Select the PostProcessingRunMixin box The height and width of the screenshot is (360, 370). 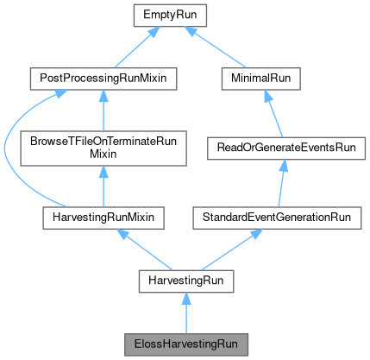(x=103, y=79)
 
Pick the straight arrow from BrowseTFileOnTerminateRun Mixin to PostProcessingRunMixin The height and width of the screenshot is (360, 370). (x=103, y=110)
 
